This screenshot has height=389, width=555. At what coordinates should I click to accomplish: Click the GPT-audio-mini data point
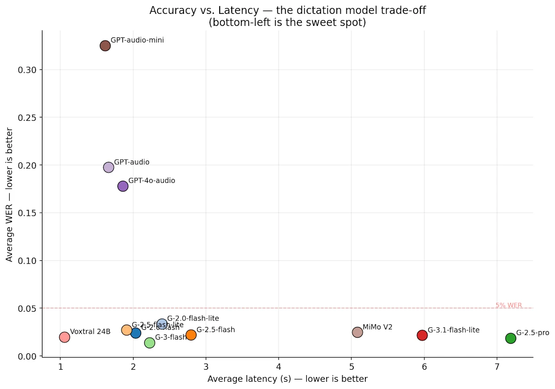pos(105,46)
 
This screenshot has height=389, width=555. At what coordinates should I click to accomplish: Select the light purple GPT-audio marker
pos(108,167)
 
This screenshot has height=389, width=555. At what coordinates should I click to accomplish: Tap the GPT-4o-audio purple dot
pos(123,186)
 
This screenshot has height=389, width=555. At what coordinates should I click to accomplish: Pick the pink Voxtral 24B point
pos(64,337)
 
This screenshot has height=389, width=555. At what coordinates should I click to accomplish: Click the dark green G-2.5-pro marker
pos(510,338)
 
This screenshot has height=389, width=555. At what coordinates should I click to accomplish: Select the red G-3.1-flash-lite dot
pos(422,335)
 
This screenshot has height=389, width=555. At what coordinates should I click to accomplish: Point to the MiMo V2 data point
pos(357,332)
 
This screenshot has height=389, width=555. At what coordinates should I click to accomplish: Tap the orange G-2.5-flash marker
pos(191,335)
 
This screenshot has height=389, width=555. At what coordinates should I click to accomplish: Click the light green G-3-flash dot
pos(149,343)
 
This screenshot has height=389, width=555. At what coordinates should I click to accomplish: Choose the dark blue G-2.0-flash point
pos(136,333)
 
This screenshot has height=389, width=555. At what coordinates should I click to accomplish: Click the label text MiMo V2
pos(377,327)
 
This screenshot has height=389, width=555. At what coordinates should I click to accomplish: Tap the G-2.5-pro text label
pos(532,333)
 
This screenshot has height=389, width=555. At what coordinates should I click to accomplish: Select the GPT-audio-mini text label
pos(137,40)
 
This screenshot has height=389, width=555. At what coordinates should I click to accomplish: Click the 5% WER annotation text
pos(509,305)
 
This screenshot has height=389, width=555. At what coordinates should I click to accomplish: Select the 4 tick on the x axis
pos(278,366)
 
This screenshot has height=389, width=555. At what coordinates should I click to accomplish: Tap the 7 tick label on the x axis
pos(497,366)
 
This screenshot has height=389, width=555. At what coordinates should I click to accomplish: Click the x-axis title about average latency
pos(287,379)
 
